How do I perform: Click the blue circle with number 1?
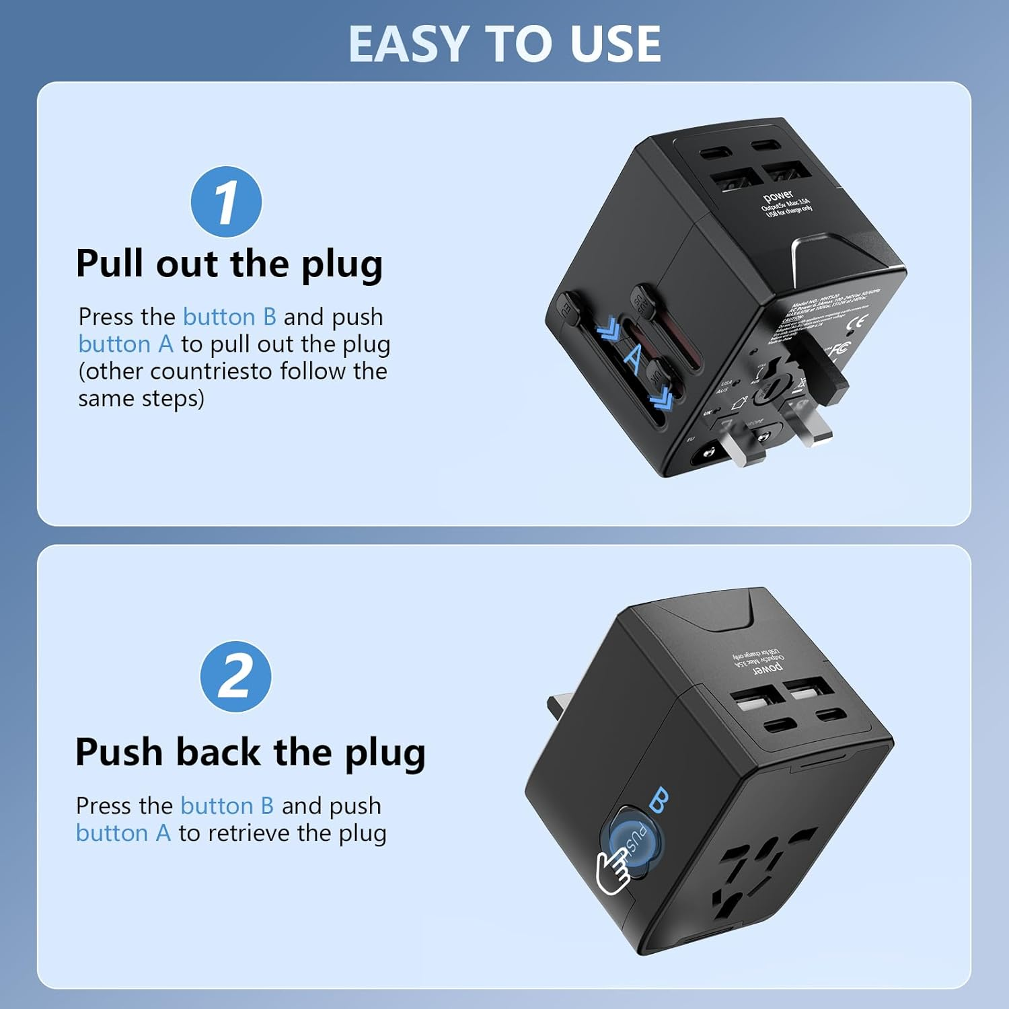[x=226, y=202]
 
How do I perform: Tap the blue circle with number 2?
[x=235, y=677]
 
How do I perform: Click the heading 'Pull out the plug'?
[x=229, y=264]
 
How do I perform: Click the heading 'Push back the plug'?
[x=250, y=752]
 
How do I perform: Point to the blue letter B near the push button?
[x=659, y=800]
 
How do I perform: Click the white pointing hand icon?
[x=613, y=872]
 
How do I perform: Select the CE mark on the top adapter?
[x=859, y=321]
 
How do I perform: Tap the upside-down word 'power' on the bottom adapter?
[x=767, y=668]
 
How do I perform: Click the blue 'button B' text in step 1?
[x=229, y=317]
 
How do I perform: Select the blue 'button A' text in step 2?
[x=123, y=833]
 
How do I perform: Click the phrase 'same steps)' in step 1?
[x=141, y=399]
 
